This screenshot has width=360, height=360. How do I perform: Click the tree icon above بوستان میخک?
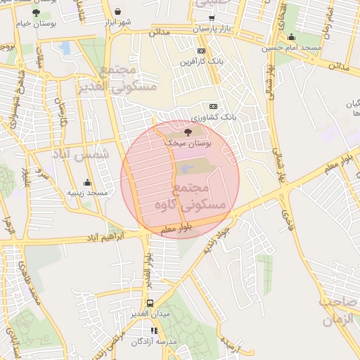click(188, 131)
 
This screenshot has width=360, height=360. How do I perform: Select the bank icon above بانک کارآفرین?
click(202, 51)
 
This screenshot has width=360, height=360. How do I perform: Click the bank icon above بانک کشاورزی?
click(214, 105)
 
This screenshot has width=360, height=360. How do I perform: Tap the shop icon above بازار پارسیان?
click(212, 17)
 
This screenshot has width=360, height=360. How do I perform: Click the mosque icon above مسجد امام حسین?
click(291, 37)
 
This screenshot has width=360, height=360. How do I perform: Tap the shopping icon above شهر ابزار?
click(117, 11)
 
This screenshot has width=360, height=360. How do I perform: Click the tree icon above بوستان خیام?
click(36, 13)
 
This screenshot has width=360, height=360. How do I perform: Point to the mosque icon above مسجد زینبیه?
click(87, 181)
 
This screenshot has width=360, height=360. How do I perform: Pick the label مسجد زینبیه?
click(87, 192)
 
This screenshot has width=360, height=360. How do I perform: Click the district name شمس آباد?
click(82, 154)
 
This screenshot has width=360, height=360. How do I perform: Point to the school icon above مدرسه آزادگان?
click(155, 330)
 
